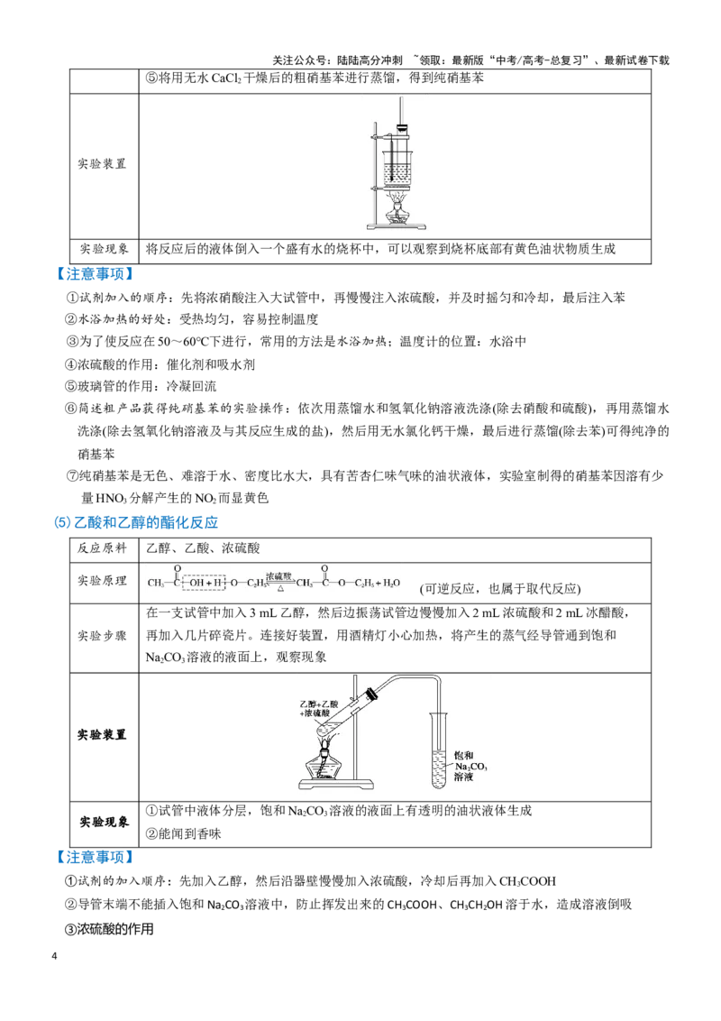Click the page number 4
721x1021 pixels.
click(x=54, y=956)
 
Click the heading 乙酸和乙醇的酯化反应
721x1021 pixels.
click(x=146, y=522)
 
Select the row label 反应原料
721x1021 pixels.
click(x=102, y=548)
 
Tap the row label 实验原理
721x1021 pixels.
click(x=102, y=580)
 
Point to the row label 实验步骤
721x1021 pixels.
click(x=102, y=636)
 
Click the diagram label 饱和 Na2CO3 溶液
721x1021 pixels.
click(x=470, y=767)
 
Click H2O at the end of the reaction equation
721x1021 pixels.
click(x=390, y=583)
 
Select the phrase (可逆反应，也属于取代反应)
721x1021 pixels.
click(x=500, y=589)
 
